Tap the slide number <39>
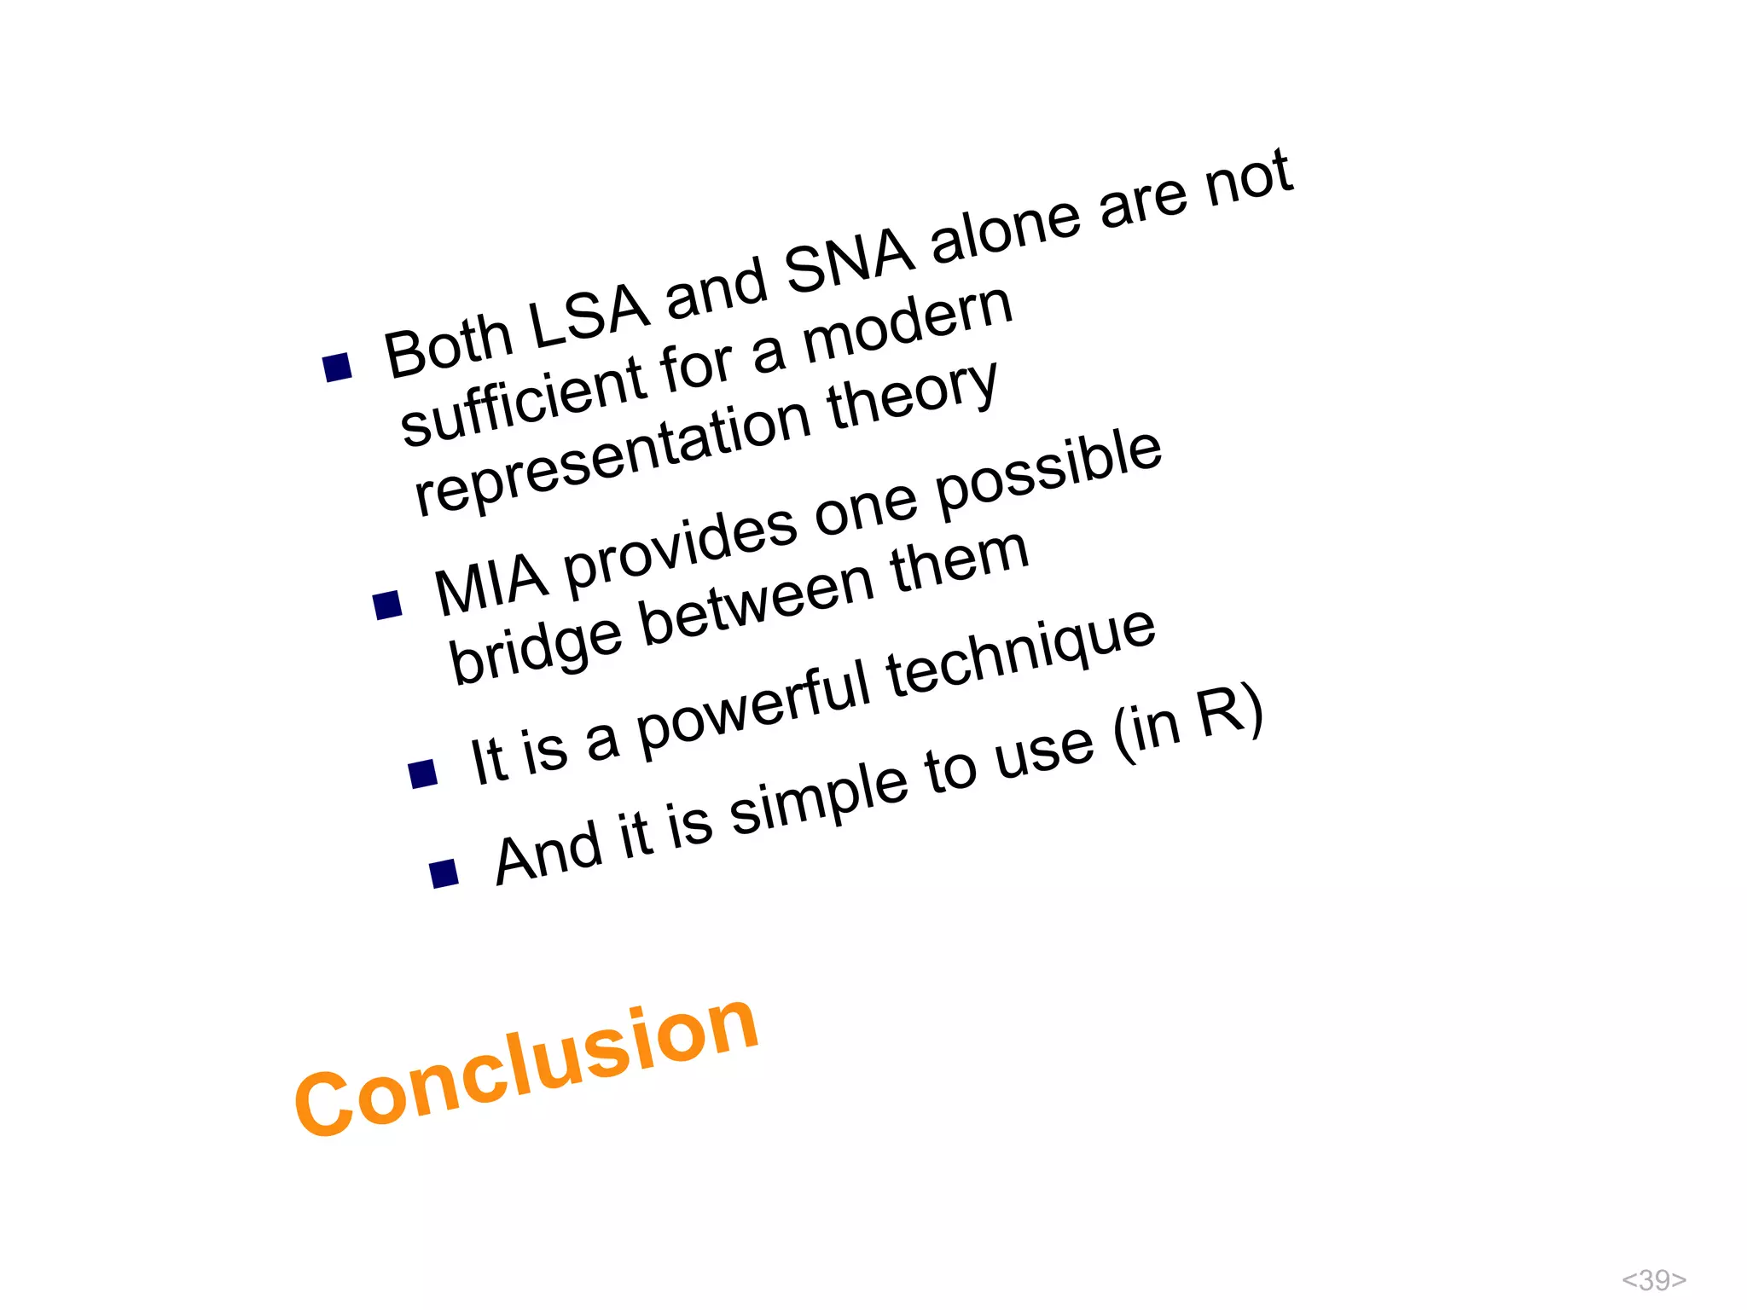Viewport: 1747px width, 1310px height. pos(1653,1279)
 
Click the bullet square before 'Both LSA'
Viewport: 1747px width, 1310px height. pos(338,368)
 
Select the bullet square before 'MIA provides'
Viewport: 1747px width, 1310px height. pos(388,605)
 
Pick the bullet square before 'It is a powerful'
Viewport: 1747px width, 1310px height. pos(423,774)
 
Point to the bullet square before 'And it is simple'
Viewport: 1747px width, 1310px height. pos(444,873)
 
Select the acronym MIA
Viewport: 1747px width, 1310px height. pos(490,583)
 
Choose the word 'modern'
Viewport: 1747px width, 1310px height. pos(908,322)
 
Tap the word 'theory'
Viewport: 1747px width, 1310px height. pos(913,392)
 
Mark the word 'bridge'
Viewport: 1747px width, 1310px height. pos(536,648)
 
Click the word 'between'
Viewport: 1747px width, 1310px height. pos(757,600)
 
